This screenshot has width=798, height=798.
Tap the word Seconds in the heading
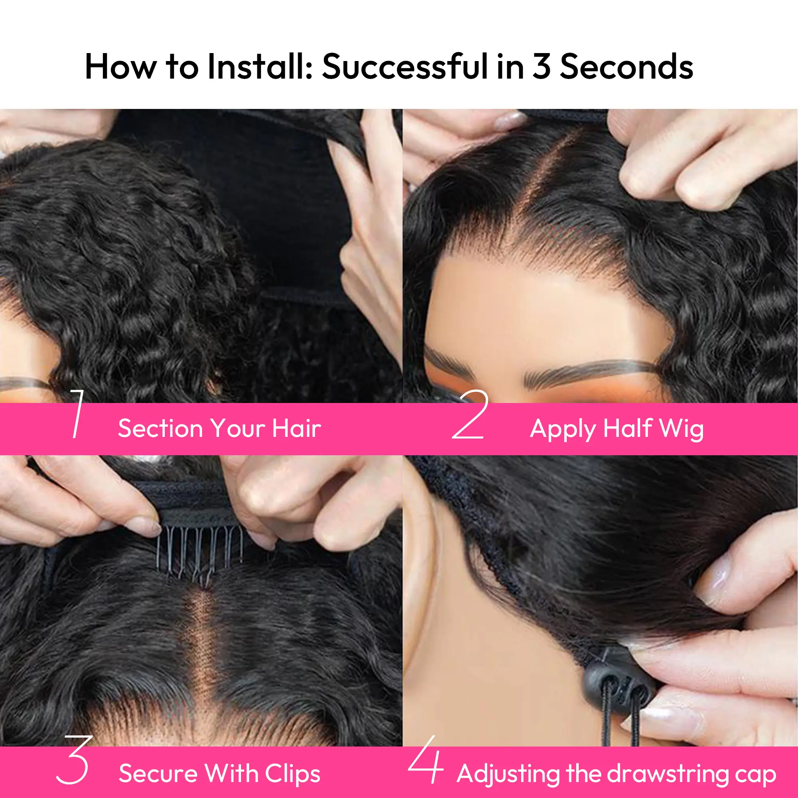pyautogui.click(x=626, y=67)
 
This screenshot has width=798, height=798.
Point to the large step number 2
pyautogui.click(x=470, y=414)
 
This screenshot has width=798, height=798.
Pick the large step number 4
pyautogui.click(x=426, y=759)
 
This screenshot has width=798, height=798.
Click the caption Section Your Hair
pyautogui.click(x=219, y=428)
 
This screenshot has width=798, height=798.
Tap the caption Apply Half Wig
pyautogui.click(x=617, y=429)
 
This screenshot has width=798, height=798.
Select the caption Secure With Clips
pyautogui.click(x=219, y=773)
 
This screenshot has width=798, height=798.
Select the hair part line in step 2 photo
pyautogui.click(x=533, y=182)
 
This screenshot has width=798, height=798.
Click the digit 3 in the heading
pyautogui.click(x=541, y=67)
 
